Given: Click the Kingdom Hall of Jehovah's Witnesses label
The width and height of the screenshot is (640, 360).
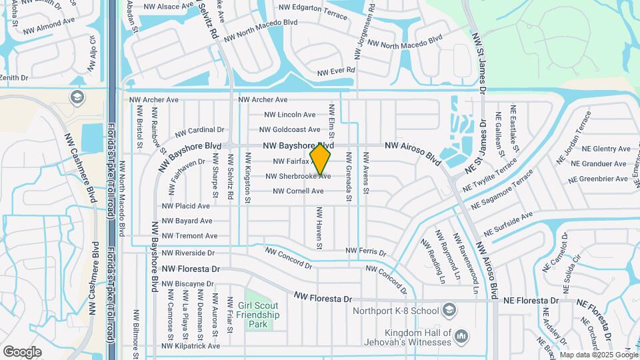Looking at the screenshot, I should pos(418,337).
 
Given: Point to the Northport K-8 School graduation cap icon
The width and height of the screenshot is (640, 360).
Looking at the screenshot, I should pos(449,310).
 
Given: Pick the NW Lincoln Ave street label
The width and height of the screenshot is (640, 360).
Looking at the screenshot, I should pos(290,115).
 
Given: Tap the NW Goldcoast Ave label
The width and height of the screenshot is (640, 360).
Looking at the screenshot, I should pos(290,130).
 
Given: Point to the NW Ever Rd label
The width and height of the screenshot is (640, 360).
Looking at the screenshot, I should pos(337,71).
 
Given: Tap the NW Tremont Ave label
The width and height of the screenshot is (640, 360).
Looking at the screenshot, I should pos(190,236).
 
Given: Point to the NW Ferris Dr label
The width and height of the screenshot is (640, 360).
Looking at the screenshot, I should pos(365,252).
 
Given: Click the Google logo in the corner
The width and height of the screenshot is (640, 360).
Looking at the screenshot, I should pos(22,351).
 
